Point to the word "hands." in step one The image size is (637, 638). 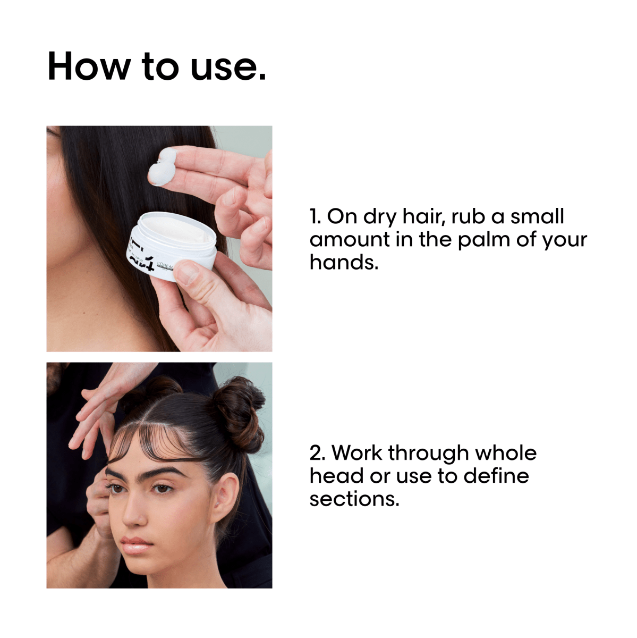pos(344,262)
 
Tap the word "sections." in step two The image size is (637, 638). pos(354,499)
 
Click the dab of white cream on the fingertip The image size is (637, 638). pos(163,166)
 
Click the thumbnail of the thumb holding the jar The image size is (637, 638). pos(186,275)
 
